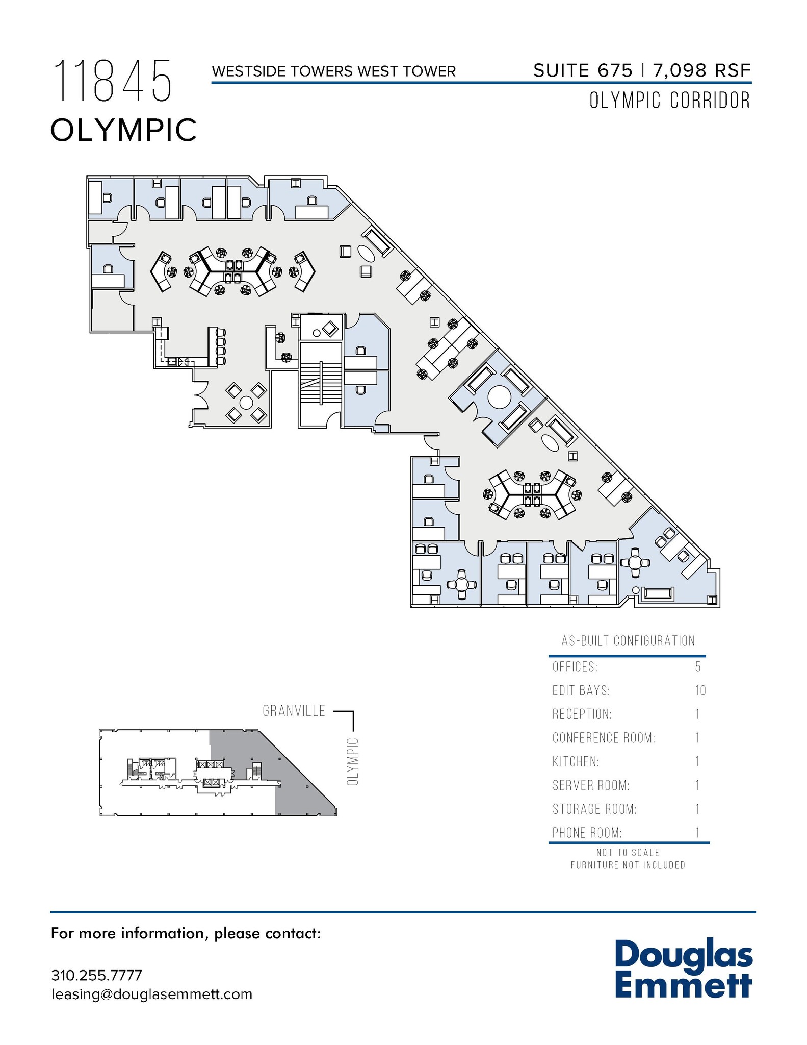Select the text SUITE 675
tap(583, 70)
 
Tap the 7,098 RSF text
tap(701, 70)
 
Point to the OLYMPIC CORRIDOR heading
tap(669, 101)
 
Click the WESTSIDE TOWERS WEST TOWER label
tap(333, 71)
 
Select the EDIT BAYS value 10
tap(700, 691)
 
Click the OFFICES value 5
tap(698, 667)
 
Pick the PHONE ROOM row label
tap(587, 833)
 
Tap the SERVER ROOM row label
tap(591, 785)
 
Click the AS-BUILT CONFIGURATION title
tap(628, 641)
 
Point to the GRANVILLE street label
tap(294, 711)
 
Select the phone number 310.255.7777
tap(96, 975)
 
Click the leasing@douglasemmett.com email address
tap(151, 994)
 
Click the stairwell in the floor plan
tap(321, 383)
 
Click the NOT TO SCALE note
tap(628, 853)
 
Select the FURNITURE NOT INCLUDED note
tap(628, 865)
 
